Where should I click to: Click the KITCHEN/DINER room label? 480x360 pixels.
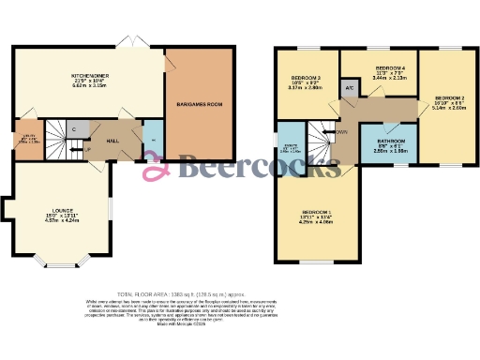91,77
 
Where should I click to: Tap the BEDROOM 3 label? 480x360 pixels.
306,77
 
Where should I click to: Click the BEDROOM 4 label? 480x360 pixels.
390,68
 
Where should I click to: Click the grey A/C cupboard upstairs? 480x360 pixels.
350,89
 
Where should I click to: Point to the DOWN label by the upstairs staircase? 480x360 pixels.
341,132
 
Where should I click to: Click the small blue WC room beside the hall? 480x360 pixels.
153,139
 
